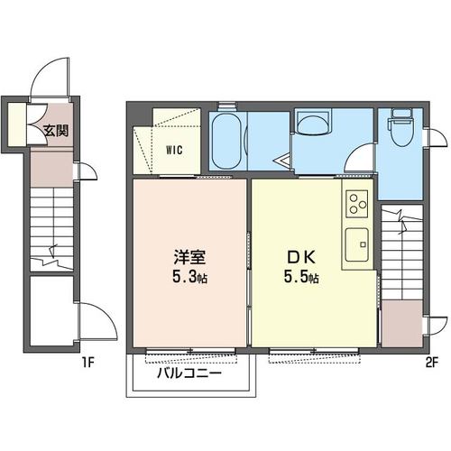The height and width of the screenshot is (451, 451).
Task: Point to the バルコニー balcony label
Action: [x=190, y=373]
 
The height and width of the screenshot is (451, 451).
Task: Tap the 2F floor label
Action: [x=430, y=363]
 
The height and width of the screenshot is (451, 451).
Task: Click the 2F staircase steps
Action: [x=399, y=248]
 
